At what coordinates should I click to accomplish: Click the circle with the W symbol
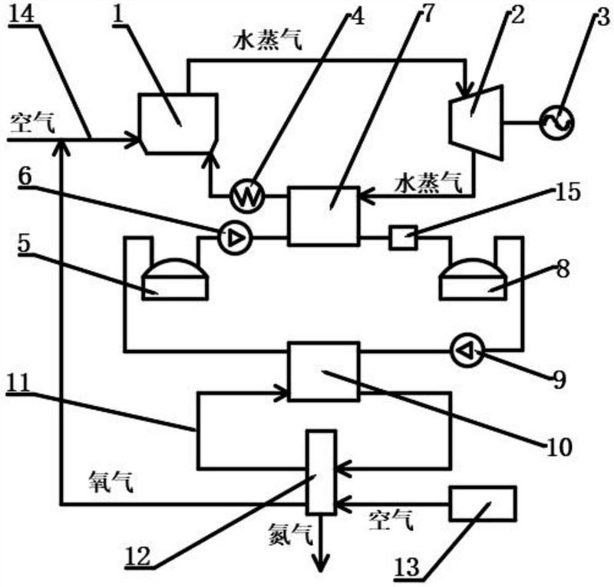pos(247,198)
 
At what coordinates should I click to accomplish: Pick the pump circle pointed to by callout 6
pos(232,239)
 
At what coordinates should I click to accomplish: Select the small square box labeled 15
pos(403,239)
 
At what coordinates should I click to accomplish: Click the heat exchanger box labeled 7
pos(323,216)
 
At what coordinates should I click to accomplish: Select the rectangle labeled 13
pos(483,504)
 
